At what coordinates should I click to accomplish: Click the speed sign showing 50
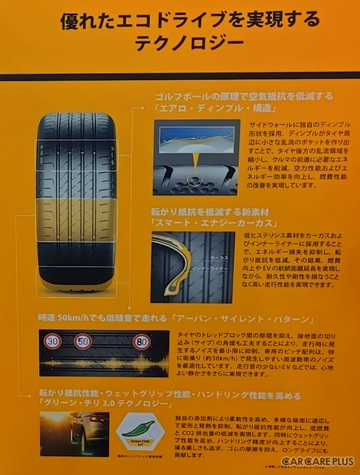(x=83, y=341)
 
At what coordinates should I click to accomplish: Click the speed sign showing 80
(x=141, y=341)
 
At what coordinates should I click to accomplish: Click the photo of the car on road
(x=75, y=433)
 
